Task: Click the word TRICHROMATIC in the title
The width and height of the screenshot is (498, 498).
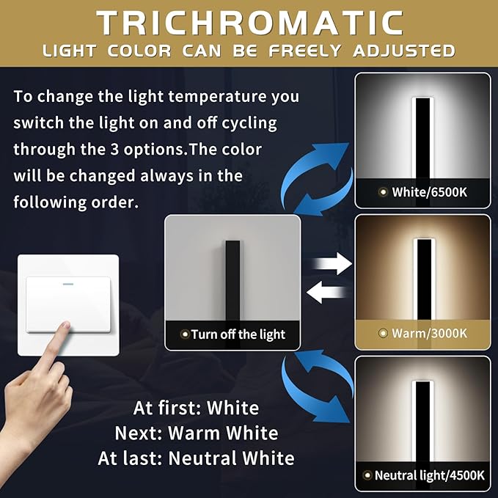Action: [x=249, y=23]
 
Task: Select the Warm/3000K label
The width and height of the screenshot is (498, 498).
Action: [x=428, y=333]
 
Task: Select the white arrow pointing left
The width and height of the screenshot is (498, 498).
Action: [x=327, y=293]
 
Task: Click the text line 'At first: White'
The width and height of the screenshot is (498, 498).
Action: [x=196, y=408]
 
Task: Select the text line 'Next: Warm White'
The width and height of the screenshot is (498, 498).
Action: [x=196, y=433]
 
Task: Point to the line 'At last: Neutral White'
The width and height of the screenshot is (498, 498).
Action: [x=196, y=458]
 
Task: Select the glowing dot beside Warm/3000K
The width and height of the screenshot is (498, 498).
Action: [x=383, y=334]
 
